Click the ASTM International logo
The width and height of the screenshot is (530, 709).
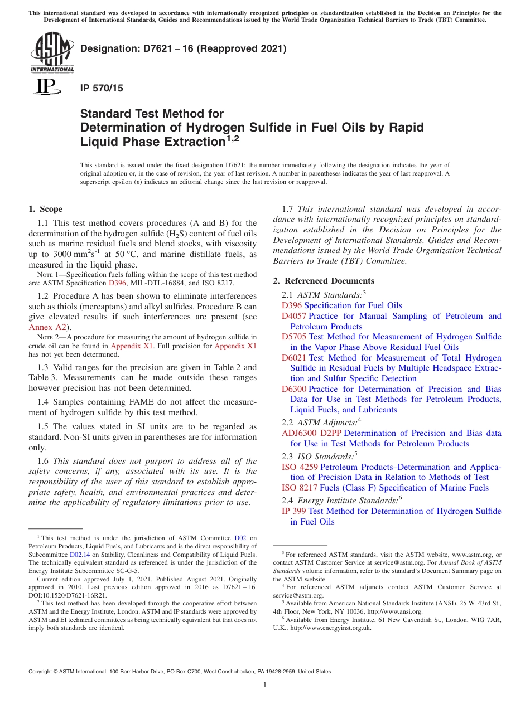51,52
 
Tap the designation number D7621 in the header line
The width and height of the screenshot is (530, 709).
146,48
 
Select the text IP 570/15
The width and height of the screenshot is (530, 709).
102,88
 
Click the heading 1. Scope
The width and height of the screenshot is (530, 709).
45,210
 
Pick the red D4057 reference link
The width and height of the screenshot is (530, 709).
293,316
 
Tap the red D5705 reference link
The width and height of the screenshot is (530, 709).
293,337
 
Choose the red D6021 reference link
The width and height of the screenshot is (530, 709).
293,358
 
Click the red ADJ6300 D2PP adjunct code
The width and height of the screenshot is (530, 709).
312,433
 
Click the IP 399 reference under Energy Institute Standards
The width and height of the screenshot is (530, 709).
293,511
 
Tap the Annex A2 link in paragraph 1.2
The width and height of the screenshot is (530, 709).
47,327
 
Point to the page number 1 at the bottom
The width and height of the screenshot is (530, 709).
265,685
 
